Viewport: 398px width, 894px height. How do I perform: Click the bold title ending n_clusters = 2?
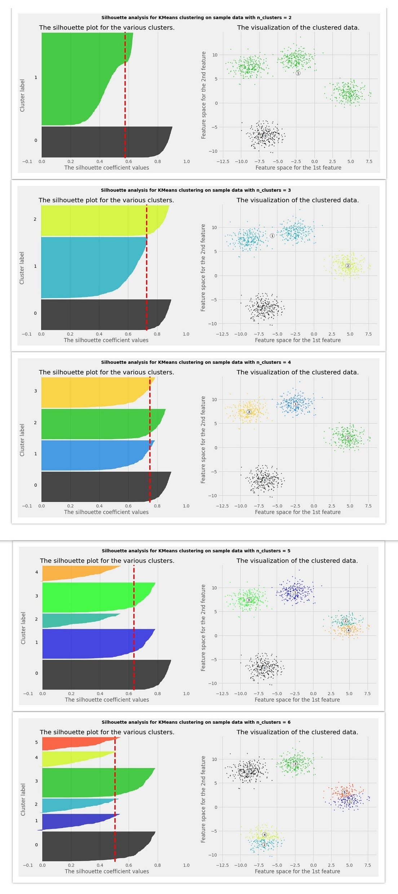click(196, 17)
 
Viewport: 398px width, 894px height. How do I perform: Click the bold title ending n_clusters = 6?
click(196, 722)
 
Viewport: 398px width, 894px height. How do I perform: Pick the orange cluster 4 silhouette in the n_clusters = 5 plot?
click(72, 573)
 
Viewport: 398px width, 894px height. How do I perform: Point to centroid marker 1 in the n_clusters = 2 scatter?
click(298, 73)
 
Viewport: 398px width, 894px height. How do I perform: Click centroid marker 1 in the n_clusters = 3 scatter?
click(272, 235)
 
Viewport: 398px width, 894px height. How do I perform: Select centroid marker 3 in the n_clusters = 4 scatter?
click(248, 412)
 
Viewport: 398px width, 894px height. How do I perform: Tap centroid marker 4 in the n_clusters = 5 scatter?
click(348, 630)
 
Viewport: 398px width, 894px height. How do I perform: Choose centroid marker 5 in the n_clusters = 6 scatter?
click(344, 792)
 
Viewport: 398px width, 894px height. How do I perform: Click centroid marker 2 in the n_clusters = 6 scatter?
click(264, 845)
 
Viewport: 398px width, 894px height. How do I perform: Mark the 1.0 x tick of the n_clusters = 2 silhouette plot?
click(186, 162)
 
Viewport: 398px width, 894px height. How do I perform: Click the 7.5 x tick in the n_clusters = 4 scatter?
click(368, 506)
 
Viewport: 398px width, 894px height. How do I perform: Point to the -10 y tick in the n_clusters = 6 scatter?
click(213, 855)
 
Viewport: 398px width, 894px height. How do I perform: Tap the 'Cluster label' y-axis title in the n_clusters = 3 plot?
click(22, 268)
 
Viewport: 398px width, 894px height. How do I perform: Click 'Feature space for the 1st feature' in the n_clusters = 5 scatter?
click(297, 700)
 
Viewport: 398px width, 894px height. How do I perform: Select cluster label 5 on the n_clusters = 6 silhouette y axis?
click(36, 743)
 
